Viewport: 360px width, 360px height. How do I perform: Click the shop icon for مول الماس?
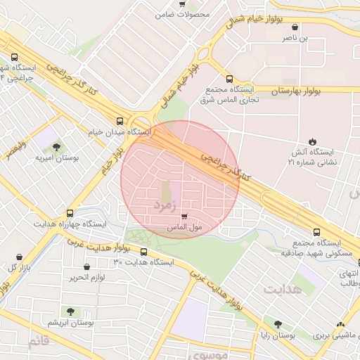pos(184,217)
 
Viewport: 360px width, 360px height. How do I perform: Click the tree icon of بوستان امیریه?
pos(56,146)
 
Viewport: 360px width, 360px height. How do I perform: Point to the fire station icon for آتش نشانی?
pos(312,141)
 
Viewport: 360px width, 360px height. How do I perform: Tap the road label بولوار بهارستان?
pos(295,91)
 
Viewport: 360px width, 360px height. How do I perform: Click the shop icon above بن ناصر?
pos(295,27)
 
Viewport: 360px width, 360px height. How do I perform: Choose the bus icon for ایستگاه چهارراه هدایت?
pos(69,212)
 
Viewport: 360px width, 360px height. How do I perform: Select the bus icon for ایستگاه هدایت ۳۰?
pos(144,252)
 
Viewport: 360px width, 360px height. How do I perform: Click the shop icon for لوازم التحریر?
pos(86,267)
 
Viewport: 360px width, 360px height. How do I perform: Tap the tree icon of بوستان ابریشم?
pos(69,311)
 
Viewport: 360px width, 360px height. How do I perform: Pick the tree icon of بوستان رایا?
pos(278,325)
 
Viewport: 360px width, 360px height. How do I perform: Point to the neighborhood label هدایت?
pos(283,289)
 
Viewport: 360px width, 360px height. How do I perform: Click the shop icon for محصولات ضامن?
pos(183,4)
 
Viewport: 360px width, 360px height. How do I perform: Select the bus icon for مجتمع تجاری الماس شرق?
pos(229,79)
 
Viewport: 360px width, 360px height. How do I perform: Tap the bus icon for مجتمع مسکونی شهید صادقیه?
pos(316,233)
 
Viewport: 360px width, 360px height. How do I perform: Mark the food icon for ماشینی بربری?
pos(341,325)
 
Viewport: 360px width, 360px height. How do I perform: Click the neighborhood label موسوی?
pos(207,354)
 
